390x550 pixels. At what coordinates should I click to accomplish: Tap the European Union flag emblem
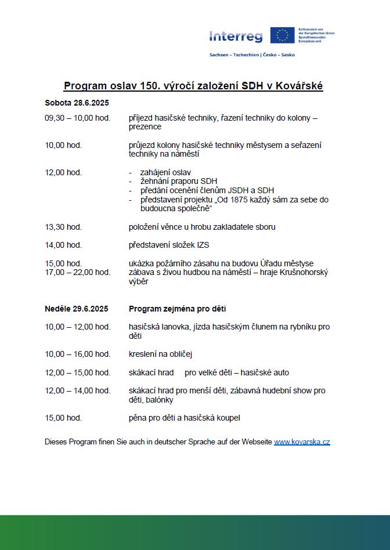click(282, 35)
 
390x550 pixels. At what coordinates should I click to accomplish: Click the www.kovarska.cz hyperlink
click(302, 442)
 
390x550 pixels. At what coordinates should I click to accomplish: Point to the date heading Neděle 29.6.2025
click(77, 309)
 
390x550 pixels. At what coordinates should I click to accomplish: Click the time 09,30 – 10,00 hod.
click(78, 118)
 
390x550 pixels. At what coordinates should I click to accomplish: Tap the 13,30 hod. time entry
click(63, 227)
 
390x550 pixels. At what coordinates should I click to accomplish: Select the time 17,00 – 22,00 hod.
click(78, 272)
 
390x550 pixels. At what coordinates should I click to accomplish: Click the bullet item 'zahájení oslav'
click(165, 172)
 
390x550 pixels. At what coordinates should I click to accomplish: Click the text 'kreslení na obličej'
click(160, 354)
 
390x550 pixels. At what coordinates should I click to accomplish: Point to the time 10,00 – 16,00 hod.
click(78, 354)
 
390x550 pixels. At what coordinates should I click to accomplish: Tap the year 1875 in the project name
click(243, 200)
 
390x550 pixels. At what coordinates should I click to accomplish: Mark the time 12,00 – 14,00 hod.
click(78, 390)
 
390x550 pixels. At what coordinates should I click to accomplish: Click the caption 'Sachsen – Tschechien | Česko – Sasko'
click(252, 55)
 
